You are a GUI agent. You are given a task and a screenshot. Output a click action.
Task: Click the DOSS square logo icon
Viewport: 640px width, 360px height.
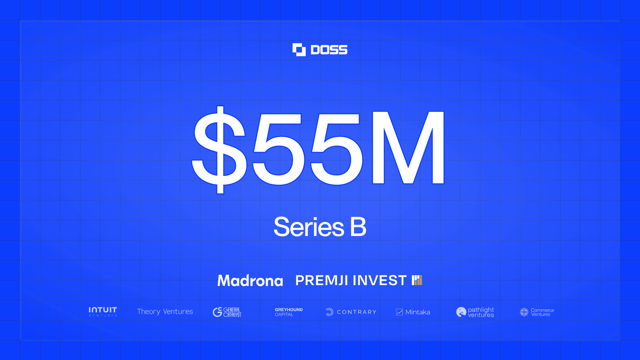click(x=299, y=50)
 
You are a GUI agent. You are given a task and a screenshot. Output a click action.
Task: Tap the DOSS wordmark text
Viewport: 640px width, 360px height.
click(x=329, y=50)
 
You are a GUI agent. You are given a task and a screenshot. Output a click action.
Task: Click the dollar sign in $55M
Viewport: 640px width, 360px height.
click(x=219, y=150)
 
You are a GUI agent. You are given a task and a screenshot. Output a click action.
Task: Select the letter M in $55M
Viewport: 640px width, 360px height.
click(x=408, y=148)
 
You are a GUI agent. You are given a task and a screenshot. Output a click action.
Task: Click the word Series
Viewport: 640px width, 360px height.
click(x=309, y=227)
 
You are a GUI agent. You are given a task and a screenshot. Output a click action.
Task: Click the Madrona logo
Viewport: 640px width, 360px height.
click(x=250, y=280)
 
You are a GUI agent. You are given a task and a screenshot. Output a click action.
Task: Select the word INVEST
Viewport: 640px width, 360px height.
click(x=380, y=280)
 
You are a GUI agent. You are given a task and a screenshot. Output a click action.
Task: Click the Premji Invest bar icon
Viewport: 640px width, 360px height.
click(x=417, y=280)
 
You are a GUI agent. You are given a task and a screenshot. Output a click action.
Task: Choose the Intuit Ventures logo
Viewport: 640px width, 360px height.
click(x=103, y=312)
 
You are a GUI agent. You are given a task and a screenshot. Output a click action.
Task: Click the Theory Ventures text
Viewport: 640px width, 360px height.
click(x=165, y=312)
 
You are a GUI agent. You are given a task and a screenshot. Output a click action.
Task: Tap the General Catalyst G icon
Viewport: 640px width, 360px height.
click(x=217, y=312)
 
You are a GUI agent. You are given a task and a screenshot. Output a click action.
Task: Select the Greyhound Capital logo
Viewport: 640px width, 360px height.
click(x=289, y=312)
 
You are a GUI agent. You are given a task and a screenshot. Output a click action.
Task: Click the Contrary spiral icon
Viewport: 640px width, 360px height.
click(x=329, y=312)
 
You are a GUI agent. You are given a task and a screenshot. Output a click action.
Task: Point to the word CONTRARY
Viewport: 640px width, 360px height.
click(x=357, y=312)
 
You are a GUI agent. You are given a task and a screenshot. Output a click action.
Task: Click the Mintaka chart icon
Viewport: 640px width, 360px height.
click(x=399, y=312)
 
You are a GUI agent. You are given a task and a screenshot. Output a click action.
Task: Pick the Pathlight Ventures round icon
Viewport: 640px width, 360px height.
click(x=461, y=312)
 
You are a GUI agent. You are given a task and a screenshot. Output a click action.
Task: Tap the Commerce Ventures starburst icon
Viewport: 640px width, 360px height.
click(x=524, y=312)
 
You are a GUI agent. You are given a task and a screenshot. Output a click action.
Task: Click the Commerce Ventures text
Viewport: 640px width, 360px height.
click(x=542, y=312)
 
